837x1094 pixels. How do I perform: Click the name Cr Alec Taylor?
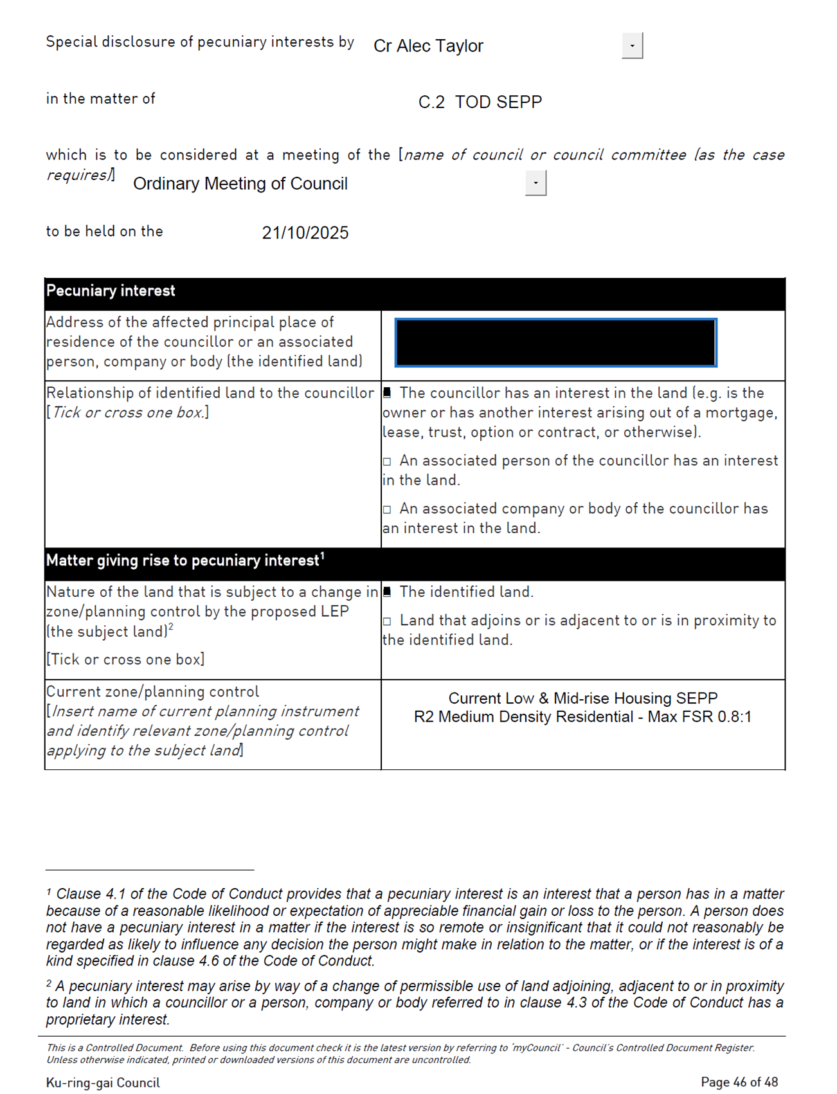(428, 46)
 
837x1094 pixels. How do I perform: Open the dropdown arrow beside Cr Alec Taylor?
(632, 46)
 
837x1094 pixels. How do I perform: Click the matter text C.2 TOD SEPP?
(480, 102)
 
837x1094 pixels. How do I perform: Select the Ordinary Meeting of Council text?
(240, 184)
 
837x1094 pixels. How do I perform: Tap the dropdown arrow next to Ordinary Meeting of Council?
(535, 183)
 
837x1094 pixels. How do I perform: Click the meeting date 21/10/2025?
(305, 233)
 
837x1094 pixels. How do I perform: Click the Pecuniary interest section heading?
(111, 291)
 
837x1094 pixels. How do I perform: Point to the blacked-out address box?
(555, 343)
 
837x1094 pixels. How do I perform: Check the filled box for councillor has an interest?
(387, 393)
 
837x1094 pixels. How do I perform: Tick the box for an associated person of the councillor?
(387, 462)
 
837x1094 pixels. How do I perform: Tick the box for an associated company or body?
(387, 510)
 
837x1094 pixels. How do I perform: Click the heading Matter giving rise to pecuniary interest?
(183, 561)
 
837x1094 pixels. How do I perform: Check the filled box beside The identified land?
(387, 592)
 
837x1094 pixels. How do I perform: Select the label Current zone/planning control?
(152, 692)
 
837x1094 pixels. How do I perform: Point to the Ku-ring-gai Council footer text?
(103, 1082)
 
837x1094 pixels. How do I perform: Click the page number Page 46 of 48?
(739, 1082)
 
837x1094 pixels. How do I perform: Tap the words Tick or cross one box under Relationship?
(128, 413)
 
